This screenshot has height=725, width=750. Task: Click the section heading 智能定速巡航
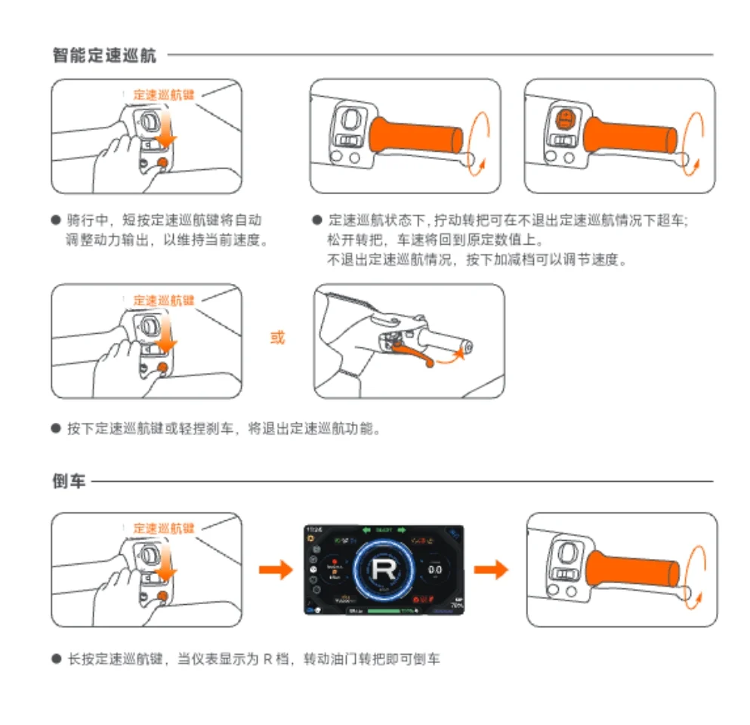(x=105, y=55)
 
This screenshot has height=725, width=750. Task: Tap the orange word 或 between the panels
(x=278, y=338)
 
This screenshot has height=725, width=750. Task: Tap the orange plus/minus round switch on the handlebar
(x=563, y=119)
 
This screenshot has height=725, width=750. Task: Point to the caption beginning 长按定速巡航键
(x=253, y=659)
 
